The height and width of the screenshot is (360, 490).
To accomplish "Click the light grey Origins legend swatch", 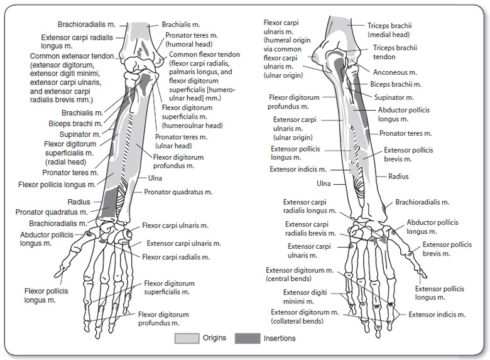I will [185, 339].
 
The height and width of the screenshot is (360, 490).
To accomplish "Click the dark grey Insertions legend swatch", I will [246, 339].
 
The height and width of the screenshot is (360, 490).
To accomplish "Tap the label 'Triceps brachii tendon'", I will [395, 52].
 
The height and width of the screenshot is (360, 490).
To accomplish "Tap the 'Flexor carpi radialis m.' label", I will [176, 257].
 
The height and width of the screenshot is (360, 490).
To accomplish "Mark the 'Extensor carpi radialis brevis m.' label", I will [308, 229].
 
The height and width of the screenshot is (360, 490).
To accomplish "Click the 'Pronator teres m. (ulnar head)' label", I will [182, 141].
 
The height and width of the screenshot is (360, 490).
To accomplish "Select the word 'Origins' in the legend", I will [214, 339].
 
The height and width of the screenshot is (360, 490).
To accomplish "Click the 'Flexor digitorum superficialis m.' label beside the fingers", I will [170, 288].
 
